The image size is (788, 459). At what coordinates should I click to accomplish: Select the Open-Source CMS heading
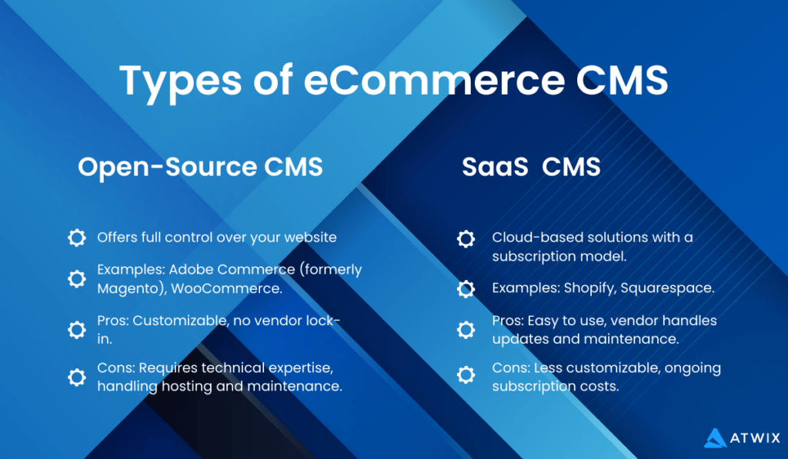[200, 167]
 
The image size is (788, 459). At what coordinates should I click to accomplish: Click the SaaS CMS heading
[531, 167]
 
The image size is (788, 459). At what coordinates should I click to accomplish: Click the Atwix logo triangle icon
[715, 437]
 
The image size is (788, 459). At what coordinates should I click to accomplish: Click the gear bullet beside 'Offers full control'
[77, 238]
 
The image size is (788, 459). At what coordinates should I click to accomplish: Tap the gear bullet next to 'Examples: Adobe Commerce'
[77, 278]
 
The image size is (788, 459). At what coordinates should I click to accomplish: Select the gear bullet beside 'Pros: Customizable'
[77, 330]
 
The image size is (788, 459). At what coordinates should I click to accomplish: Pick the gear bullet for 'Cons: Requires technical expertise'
[77, 378]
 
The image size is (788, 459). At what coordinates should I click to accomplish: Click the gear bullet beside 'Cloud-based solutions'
[466, 238]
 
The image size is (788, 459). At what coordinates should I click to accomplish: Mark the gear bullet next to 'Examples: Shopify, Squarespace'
[466, 289]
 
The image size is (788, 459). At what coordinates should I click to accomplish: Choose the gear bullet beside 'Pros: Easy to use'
[466, 330]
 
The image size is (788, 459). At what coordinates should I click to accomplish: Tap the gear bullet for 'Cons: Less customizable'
[466, 376]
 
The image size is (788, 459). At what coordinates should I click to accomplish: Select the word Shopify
[586, 288]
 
